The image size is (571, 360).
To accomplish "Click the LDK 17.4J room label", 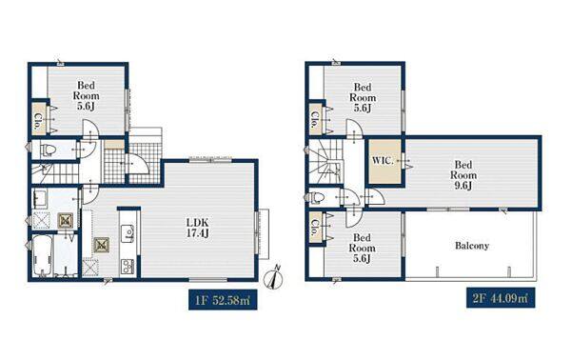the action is pos(197,228).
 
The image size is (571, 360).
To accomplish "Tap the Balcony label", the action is pos(472,246).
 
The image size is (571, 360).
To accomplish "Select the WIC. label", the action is pos(383,161).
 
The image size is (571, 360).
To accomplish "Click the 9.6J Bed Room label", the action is pos(463,175).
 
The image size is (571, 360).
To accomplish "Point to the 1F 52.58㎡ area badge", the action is pos(223,299).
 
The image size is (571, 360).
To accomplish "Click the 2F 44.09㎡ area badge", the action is pos(501,298).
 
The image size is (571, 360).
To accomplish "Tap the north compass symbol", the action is pos(275,279).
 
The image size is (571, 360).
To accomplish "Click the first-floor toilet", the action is pos(47,150).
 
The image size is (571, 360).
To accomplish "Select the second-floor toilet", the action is pos(318,197).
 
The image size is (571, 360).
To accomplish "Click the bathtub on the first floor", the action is pos(42,256).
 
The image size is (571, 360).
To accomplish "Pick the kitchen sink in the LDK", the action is pos(128,232).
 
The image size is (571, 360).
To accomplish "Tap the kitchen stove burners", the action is pos(128,267).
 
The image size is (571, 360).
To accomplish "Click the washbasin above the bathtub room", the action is pos(39,199).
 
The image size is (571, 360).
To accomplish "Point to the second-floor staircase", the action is pos(325,161).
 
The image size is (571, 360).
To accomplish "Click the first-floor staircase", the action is pos(54,173).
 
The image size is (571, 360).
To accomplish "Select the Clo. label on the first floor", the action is pos(37,122).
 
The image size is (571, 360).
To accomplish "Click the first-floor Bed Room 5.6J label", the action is pos(86,96).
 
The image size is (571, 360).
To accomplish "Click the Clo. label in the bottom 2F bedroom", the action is pos(315,229).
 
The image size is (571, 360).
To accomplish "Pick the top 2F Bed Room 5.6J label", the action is pos(363,98).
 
